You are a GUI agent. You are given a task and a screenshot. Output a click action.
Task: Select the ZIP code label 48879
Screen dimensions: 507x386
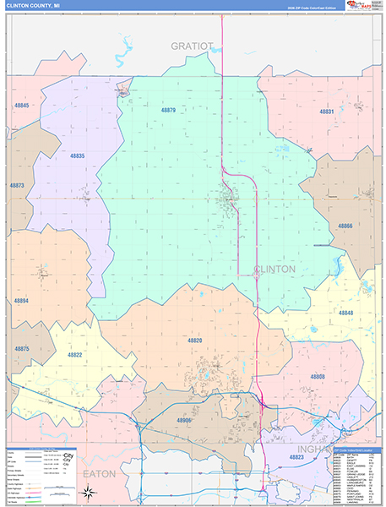pyautogui.click(x=168, y=110)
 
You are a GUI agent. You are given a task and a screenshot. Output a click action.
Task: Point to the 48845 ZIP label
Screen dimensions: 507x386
pyautogui.click(x=21, y=106)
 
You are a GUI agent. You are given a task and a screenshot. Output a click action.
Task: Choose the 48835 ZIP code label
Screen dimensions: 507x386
pyautogui.click(x=78, y=156)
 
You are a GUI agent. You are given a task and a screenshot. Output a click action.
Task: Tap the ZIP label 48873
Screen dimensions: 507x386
pyautogui.click(x=17, y=185)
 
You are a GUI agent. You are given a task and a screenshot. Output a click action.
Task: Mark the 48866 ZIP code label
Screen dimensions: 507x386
pyautogui.click(x=345, y=226)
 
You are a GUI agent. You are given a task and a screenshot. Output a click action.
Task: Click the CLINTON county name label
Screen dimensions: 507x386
pyautogui.click(x=275, y=269)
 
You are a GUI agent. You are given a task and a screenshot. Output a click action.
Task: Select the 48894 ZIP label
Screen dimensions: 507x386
pyautogui.click(x=20, y=301)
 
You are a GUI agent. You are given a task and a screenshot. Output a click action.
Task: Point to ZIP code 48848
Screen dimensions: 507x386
pyautogui.click(x=346, y=313)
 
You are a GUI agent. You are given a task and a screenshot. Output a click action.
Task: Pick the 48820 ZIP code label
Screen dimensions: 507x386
pyautogui.click(x=195, y=340)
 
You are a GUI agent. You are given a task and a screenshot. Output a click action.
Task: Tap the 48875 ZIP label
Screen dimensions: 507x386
pyautogui.click(x=21, y=349)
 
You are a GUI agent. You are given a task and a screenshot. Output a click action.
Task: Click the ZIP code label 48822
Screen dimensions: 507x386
pyautogui.click(x=75, y=356)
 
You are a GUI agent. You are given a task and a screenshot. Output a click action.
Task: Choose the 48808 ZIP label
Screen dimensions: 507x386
pyautogui.click(x=317, y=376)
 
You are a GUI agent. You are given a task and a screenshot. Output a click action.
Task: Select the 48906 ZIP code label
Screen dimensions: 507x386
pyautogui.click(x=184, y=421)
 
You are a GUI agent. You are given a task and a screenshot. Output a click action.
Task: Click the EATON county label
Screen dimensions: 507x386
pyautogui.click(x=99, y=474)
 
